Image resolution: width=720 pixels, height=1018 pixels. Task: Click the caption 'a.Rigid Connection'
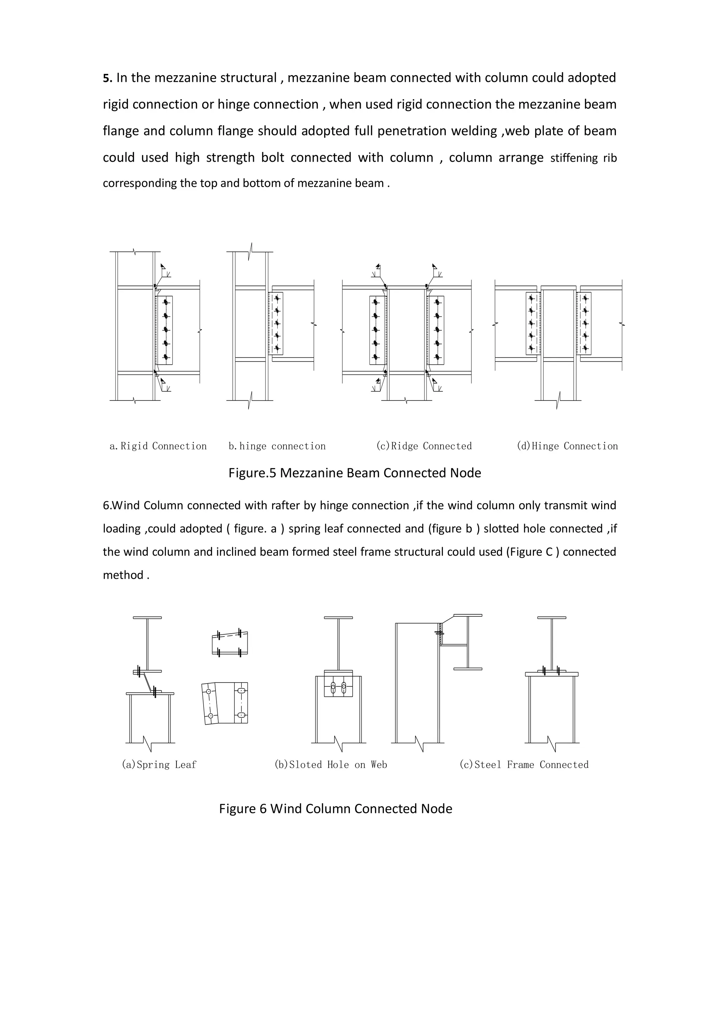tap(158, 446)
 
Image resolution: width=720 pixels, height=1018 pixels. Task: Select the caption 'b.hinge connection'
tap(277, 446)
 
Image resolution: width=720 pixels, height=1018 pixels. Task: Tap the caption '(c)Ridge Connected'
tap(424, 446)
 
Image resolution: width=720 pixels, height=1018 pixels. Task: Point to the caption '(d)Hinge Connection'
tap(567, 446)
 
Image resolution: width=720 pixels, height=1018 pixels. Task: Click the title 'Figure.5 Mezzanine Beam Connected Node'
tap(355, 473)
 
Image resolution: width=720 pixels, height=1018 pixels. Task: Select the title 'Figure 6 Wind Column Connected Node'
tap(336, 809)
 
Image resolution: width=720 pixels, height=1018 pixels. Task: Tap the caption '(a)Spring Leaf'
tap(159, 765)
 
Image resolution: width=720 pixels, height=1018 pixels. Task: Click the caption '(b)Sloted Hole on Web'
tap(331, 765)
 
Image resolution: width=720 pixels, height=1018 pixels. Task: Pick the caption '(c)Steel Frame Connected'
tap(524, 765)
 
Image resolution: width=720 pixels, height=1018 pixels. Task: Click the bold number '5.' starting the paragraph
tap(108, 78)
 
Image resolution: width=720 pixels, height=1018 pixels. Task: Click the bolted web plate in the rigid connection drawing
tap(165, 330)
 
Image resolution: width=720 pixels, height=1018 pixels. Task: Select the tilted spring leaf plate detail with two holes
tap(211, 704)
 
